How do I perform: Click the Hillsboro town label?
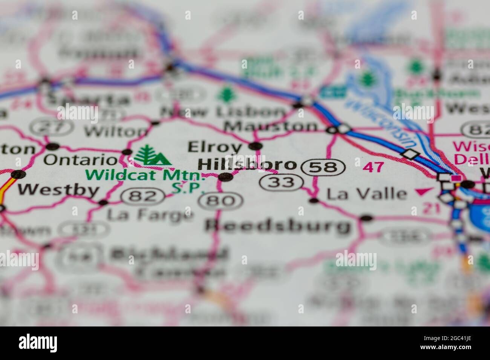tap(247, 164)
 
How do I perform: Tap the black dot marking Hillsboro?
tap(226, 177)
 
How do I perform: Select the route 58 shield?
tap(325, 167)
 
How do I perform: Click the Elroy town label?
tap(215, 146)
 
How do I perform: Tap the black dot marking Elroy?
tap(256, 146)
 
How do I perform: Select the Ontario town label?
tap(81, 159)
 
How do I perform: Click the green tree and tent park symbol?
tap(152, 155)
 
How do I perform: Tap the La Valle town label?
tap(366, 194)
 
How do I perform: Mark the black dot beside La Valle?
tap(314, 201)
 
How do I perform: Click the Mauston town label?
tap(271, 127)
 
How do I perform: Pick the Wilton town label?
tap(116, 131)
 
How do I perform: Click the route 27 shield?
tap(52, 127)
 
